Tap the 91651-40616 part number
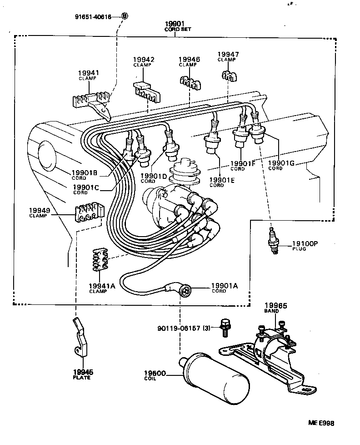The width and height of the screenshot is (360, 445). click(x=94, y=16)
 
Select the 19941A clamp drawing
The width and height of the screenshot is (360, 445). click(x=100, y=259)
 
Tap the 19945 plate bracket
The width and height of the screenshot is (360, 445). click(x=80, y=337)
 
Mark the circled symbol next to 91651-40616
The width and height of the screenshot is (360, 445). click(x=125, y=16)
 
